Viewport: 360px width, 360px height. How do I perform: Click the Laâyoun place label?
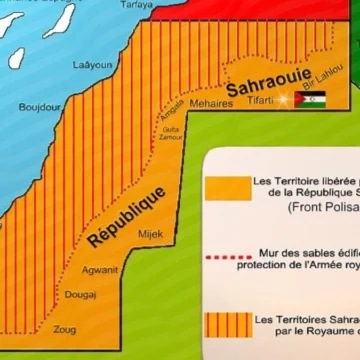[91, 65]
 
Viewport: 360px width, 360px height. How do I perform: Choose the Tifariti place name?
[265, 100]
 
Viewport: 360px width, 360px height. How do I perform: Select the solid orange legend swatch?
[225, 188]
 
